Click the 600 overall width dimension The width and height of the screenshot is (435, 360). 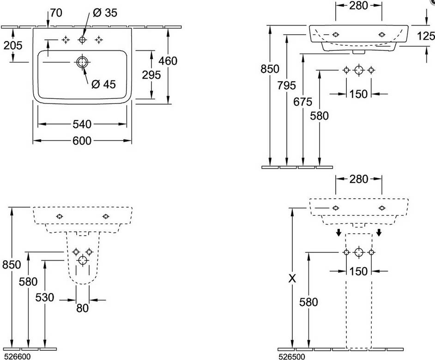point(82,141)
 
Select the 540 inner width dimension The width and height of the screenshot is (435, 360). point(82,124)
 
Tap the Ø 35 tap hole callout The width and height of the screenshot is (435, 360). point(105,13)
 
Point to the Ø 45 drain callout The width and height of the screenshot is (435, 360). point(103,84)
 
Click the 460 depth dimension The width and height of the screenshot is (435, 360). point(168,61)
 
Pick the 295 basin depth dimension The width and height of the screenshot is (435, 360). point(151,75)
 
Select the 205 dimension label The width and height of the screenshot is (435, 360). point(13,45)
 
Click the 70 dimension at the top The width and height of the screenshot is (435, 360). point(56,13)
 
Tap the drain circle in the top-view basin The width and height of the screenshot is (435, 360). point(82,62)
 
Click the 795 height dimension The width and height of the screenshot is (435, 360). point(287,85)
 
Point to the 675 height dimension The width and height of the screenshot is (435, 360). point(302,102)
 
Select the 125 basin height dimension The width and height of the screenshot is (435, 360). point(426,36)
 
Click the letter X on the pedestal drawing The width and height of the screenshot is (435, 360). point(292,278)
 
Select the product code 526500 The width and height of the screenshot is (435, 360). point(291,356)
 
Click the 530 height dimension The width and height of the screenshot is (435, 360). point(44,298)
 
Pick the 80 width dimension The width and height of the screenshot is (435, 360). point(82,308)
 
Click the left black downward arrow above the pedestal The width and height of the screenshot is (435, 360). point(338,232)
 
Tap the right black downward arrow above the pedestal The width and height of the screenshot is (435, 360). point(379,232)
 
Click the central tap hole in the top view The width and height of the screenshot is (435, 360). point(82,40)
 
